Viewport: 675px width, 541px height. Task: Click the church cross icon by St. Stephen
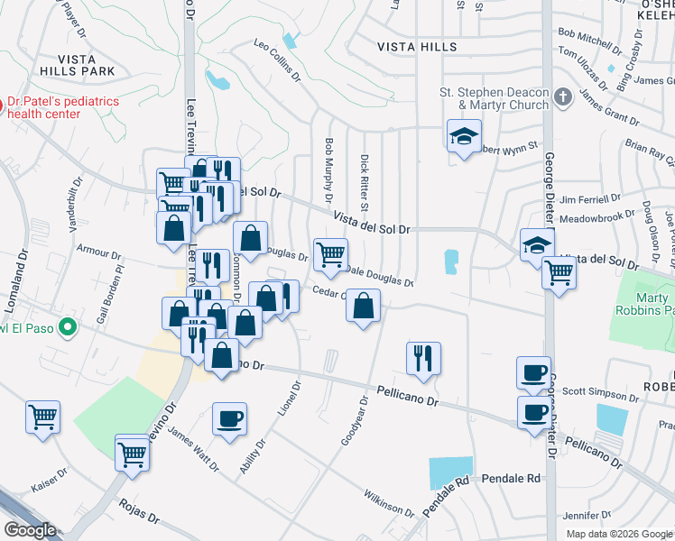563,96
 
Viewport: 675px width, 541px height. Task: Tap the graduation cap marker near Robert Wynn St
464,137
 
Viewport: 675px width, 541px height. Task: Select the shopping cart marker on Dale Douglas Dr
330,254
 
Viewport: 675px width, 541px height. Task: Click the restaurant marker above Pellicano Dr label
422,359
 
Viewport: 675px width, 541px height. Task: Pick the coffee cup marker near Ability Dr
229,419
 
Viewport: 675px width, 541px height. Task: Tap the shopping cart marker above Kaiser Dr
42,417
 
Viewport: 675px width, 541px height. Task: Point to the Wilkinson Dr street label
388,503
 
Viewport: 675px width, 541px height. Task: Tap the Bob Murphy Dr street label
328,170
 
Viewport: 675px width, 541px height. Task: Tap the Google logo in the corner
30,529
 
